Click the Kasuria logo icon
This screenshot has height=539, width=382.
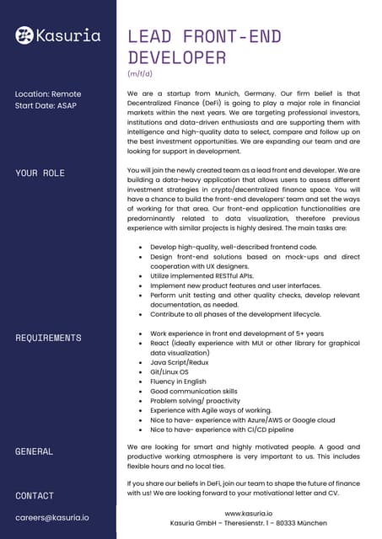pyautogui.click(x=25, y=35)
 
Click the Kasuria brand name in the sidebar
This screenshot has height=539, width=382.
pyautogui.click(x=69, y=35)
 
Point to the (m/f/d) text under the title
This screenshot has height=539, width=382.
pyautogui.click(x=141, y=74)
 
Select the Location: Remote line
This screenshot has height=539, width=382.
pyautogui.click(x=49, y=93)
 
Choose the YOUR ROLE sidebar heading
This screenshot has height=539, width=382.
pyautogui.click(x=40, y=173)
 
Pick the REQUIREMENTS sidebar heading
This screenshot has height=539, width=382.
pyautogui.click(x=48, y=338)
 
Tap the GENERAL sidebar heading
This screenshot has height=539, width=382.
pyautogui.click(x=35, y=451)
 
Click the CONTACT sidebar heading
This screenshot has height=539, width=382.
pyautogui.click(x=35, y=496)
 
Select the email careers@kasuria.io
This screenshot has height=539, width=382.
pyautogui.click(x=52, y=516)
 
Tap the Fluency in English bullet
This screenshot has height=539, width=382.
pyautogui.click(x=178, y=382)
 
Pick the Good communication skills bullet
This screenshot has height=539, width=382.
pyautogui.click(x=194, y=392)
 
